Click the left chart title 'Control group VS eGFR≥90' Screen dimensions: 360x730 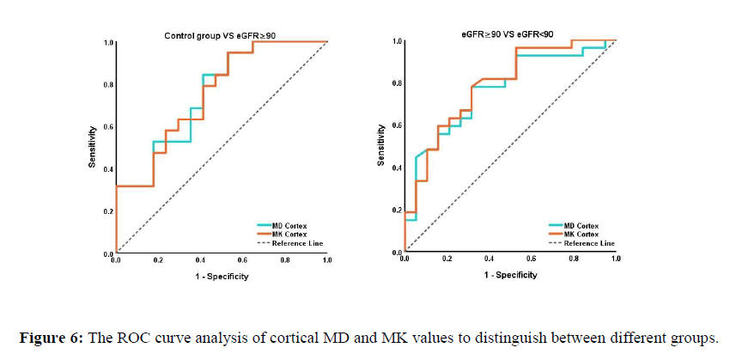[x=220, y=35]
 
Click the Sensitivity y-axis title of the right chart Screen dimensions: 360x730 [x=380, y=145]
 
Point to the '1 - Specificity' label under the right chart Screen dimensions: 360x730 [x=510, y=276]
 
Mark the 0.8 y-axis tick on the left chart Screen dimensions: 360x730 [x=108, y=85]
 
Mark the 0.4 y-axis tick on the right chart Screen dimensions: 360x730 [x=396, y=168]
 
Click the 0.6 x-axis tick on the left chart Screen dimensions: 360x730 [x=243, y=260]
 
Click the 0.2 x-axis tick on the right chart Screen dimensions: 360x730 [x=447, y=258]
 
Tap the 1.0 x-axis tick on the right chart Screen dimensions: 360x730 [x=615, y=258]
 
